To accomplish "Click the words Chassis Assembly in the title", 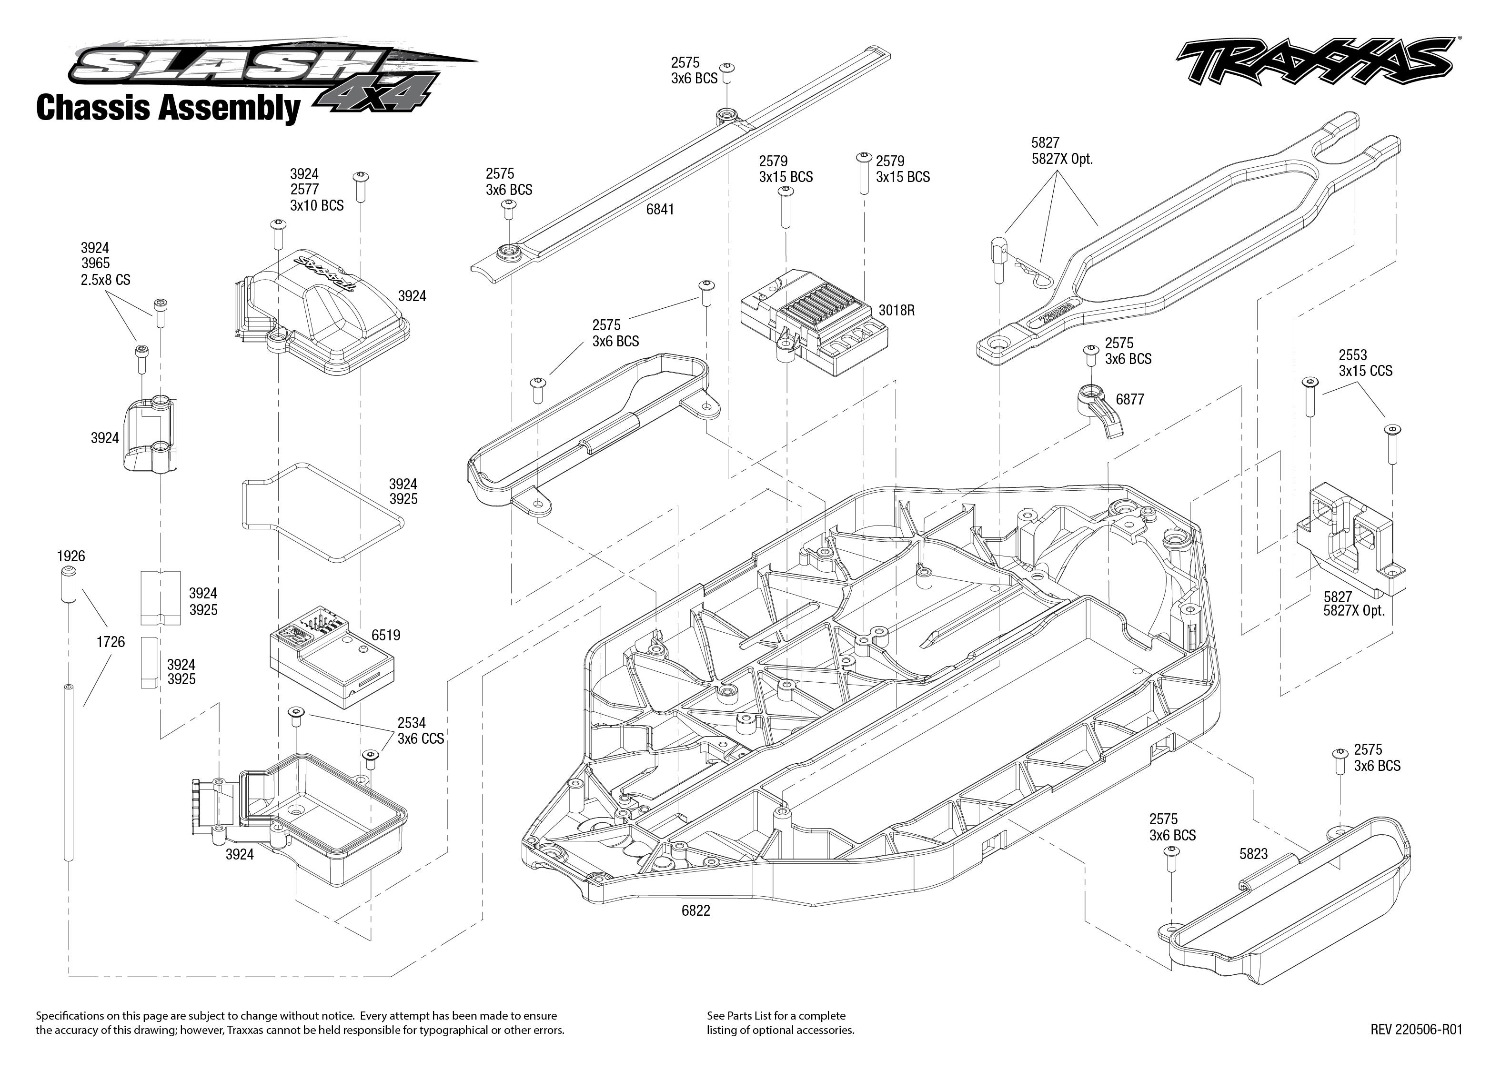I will [168, 108].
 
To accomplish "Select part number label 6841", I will [660, 209].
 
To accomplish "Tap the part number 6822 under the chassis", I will [695, 911].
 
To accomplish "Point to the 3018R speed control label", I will [896, 310].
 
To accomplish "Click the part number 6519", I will [385, 635].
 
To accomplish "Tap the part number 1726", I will [110, 642].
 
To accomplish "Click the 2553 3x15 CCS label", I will [1365, 363].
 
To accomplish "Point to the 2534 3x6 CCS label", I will [420, 731].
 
